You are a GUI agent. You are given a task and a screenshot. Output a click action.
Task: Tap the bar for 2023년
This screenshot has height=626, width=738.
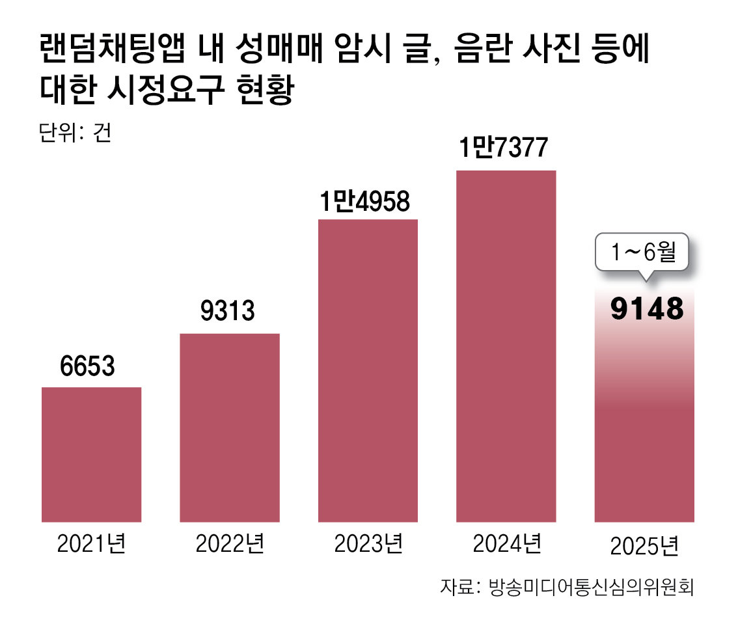coord(368,370)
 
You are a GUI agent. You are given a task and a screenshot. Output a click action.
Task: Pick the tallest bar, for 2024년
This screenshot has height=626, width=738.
coord(506,346)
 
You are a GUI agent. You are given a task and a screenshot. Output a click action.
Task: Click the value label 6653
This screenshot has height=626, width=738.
coord(87,367)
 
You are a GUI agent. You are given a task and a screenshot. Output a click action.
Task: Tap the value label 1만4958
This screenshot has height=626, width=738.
coord(364,202)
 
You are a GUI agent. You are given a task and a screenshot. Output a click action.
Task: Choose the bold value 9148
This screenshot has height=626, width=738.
coord(647,310)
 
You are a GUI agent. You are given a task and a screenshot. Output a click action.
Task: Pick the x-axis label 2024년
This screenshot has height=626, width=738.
coord(506,542)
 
